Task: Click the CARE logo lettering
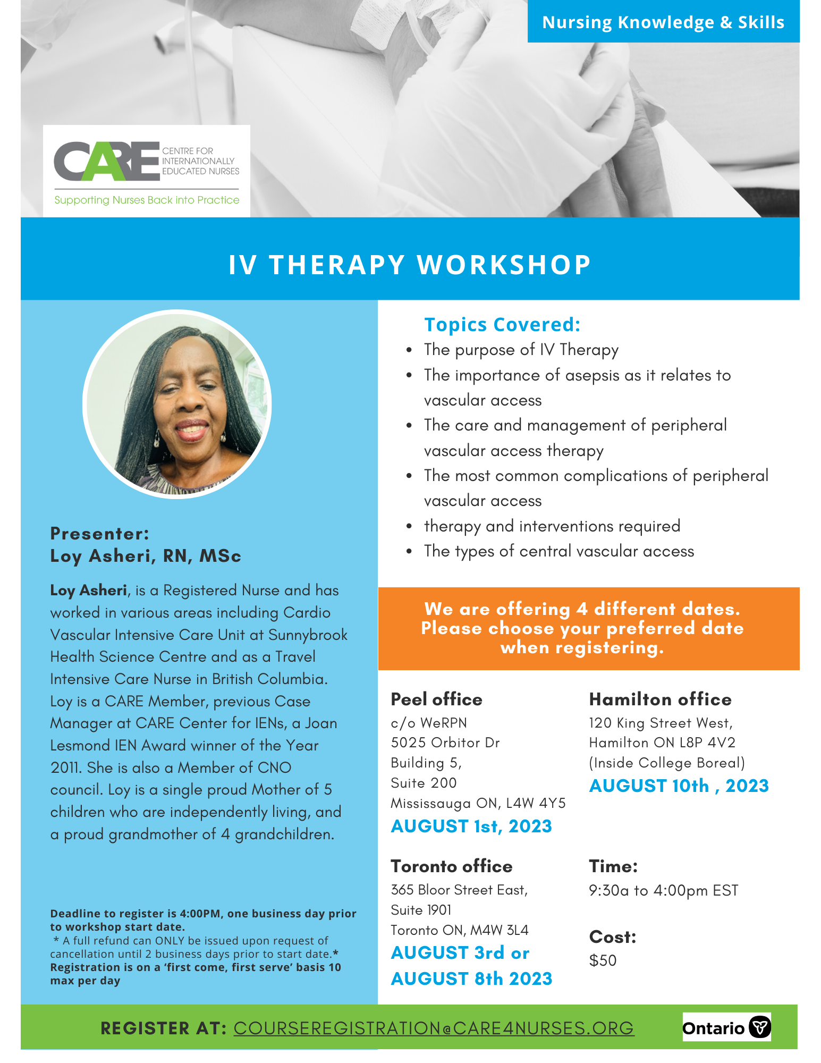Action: pos(107,161)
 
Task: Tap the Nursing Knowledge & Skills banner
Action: pos(663,22)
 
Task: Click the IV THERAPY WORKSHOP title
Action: pos(410,265)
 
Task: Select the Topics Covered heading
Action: pos(502,324)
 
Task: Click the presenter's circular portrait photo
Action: pos(177,404)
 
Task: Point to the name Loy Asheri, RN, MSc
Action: pos(146,556)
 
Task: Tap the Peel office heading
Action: pos(436,699)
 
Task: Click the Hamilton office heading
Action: pos(660,699)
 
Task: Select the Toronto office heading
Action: pos(452,866)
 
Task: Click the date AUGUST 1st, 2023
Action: pos(471,826)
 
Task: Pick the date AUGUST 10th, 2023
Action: pos(679,786)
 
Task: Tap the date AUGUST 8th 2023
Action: pos(471,978)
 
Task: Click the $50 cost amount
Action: pos(603,960)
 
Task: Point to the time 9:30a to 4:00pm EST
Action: pos(664,890)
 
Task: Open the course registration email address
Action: pos(434,1028)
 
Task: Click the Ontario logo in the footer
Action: pos(726,1027)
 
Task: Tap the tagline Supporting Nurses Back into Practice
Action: pos(147,200)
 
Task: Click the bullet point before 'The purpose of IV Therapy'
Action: pos(409,350)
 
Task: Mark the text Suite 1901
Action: pos(421,910)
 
